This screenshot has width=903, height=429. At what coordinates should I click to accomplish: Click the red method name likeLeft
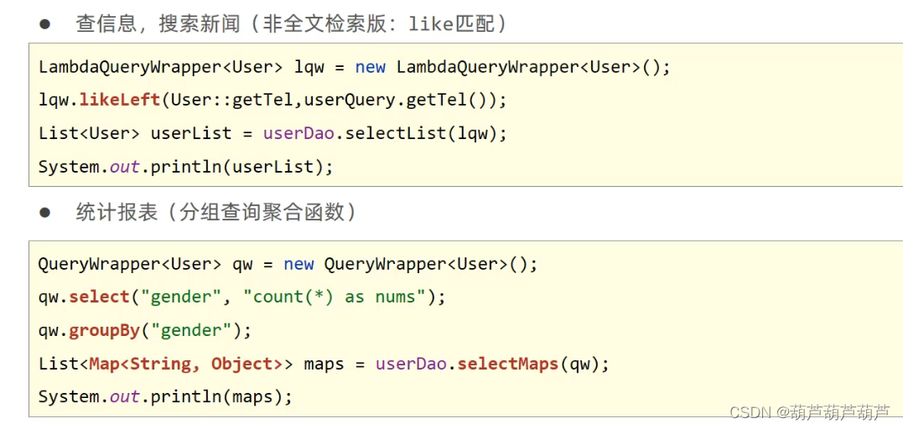(x=119, y=100)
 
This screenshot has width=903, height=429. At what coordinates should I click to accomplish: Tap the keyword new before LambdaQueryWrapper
(x=370, y=67)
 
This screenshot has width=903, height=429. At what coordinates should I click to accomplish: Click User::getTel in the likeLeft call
(x=231, y=100)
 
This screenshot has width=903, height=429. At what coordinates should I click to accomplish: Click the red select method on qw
(x=99, y=297)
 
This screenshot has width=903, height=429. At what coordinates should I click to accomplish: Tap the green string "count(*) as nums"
(x=333, y=297)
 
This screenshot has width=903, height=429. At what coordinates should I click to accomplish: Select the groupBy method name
(x=104, y=330)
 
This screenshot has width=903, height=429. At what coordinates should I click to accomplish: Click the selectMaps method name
(x=507, y=364)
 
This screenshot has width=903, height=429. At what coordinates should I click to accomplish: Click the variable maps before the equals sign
(x=324, y=364)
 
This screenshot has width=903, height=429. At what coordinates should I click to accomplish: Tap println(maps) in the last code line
(x=222, y=396)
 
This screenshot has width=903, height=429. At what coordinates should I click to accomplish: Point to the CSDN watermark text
(x=809, y=412)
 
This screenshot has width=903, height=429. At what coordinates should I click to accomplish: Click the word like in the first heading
(x=429, y=24)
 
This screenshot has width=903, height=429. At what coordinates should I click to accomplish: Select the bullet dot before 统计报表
(x=45, y=212)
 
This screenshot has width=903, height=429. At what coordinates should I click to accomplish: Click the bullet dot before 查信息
(x=45, y=24)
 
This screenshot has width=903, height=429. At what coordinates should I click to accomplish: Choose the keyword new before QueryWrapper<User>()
(x=298, y=264)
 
